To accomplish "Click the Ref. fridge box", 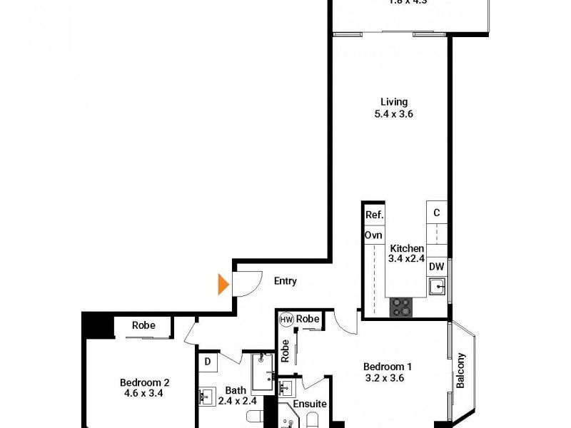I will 374,215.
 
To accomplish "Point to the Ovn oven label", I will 373,235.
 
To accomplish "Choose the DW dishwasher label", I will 437,267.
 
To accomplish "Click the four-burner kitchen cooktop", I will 401,307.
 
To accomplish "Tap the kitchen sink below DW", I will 437,287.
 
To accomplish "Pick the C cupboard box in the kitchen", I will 437,212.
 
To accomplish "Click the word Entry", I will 285,281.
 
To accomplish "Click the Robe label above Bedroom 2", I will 143,325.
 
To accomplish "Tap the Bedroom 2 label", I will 145,382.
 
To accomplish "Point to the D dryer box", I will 207,362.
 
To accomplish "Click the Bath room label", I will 236,390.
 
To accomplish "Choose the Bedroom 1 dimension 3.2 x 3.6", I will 385,378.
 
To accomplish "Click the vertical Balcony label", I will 461,370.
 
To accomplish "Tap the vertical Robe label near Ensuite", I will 285,350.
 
